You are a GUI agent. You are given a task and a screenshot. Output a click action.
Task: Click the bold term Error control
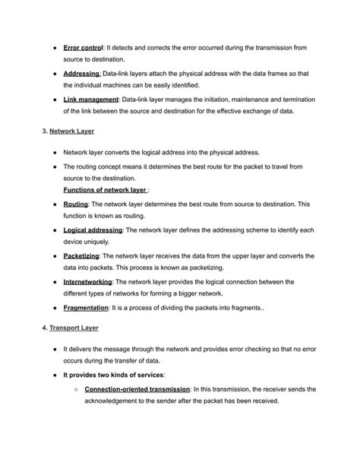point(84,47)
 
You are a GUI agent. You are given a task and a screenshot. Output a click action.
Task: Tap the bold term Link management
point(91,100)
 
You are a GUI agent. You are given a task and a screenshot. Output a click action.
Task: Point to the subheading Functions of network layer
point(105,190)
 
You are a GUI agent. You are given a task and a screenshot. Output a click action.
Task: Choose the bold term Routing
point(76,204)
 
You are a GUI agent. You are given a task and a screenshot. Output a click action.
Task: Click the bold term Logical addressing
point(93,230)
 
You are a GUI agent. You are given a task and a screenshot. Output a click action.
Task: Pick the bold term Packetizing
point(81,256)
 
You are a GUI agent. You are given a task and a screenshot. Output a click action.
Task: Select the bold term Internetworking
point(88,282)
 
